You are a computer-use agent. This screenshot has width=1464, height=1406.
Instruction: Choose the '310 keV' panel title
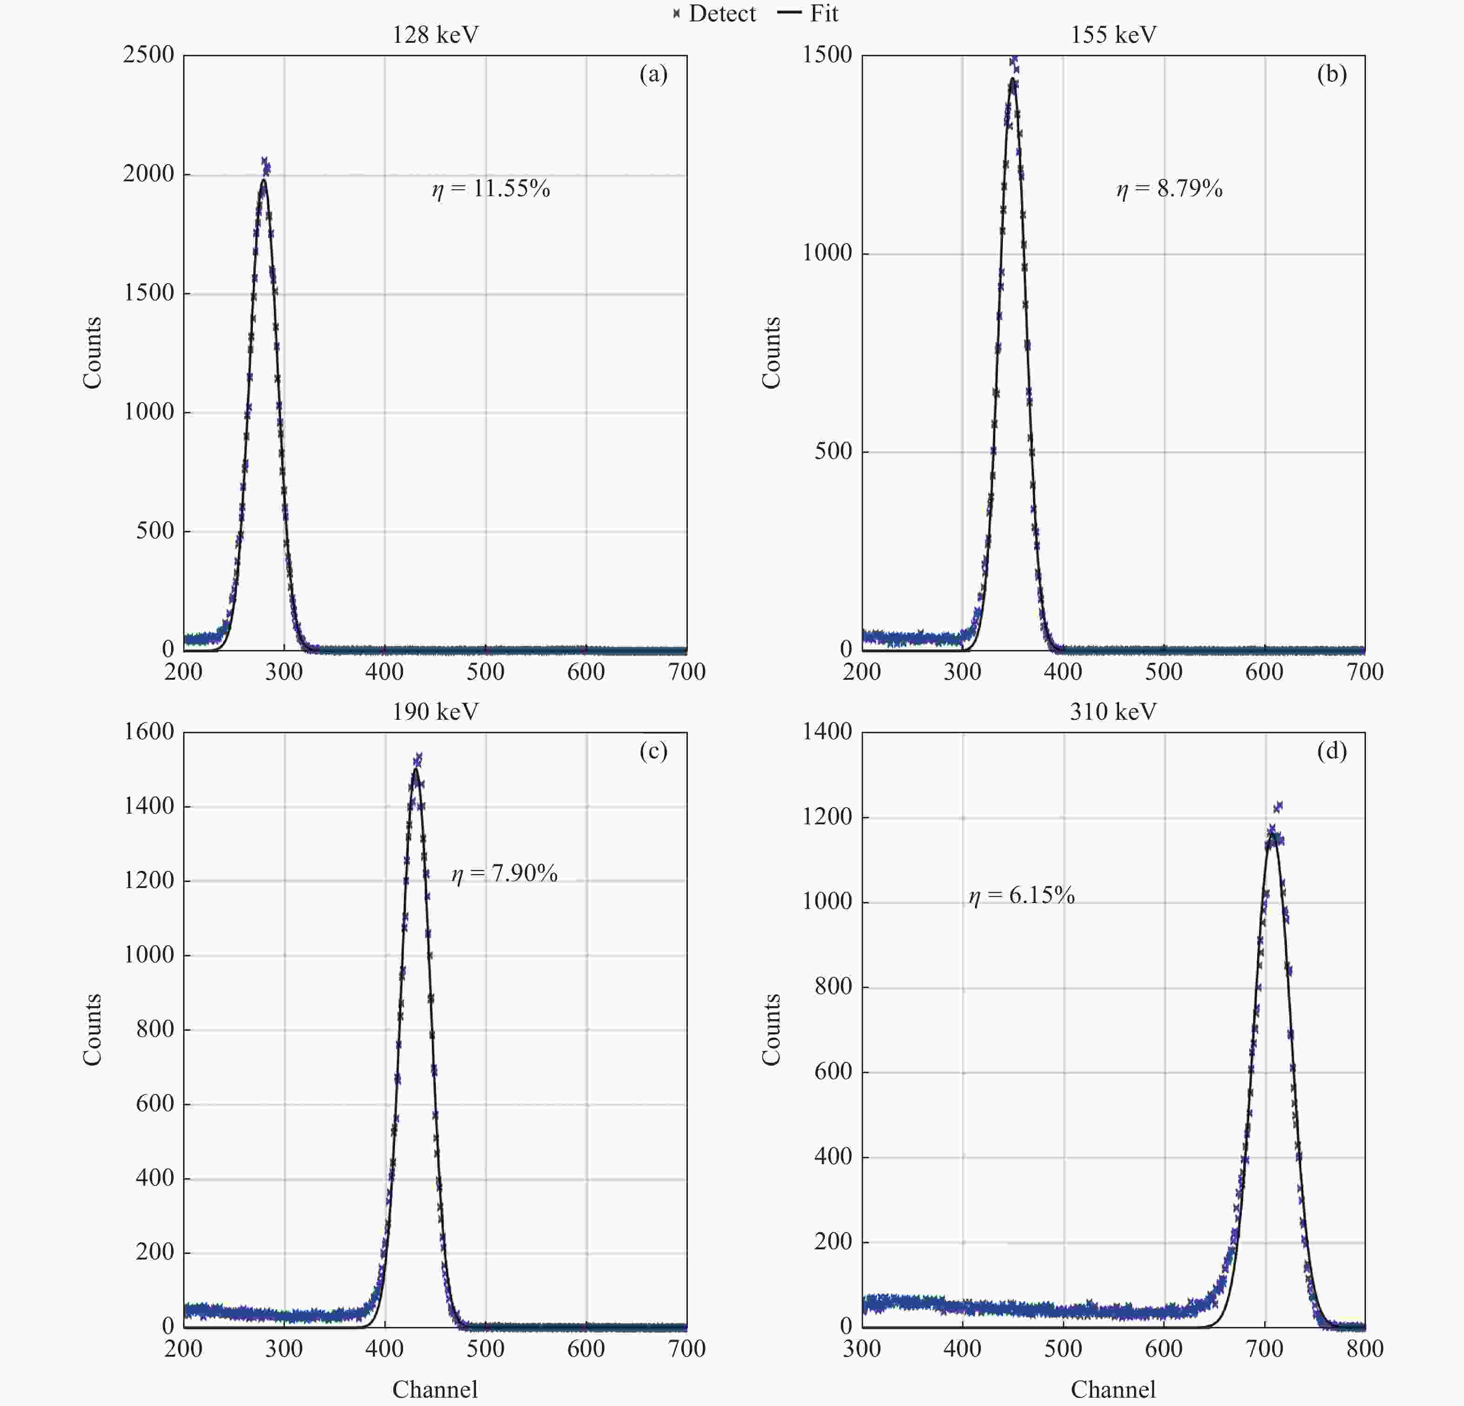click(x=1113, y=712)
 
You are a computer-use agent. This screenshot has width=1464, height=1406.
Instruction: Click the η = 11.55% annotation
click(x=491, y=188)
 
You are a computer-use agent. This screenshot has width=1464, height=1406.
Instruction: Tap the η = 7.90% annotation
click(x=504, y=873)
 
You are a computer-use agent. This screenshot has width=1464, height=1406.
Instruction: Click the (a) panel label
click(x=653, y=74)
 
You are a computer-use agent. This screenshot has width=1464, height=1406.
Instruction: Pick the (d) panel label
click(x=1331, y=751)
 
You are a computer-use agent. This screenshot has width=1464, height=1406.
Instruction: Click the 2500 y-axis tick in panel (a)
click(x=149, y=54)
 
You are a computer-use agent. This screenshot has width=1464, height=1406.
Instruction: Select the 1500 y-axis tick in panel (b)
click(x=827, y=54)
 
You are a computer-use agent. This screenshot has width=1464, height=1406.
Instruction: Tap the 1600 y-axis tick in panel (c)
click(x=149, y=731)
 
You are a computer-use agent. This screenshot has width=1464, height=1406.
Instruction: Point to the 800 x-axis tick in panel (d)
click(x=1365, y=1348)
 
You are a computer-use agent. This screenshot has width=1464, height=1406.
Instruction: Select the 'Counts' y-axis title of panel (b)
click(x=771, y=352)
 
